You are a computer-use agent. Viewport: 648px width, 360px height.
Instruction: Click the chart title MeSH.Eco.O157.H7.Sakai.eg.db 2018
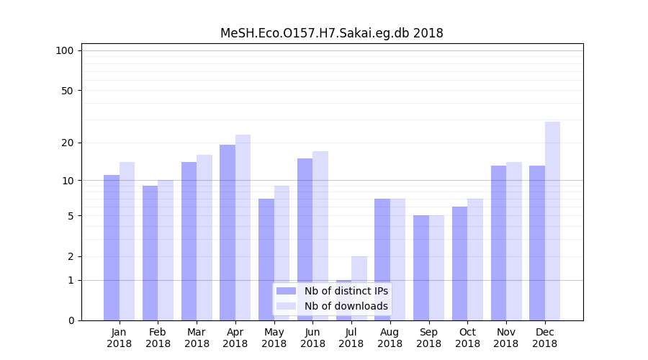[x=331, y=33]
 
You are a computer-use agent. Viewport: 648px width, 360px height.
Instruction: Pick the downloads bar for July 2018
[x=359, y=288]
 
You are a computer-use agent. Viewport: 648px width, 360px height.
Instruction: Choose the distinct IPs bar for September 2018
[x=421, y=267]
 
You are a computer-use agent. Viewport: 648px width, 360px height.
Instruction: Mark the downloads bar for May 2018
[x=282, y=253]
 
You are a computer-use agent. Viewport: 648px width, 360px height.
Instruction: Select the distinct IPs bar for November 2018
[x=498, y=243]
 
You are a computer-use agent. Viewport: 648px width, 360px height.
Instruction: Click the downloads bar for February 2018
[x=166, y=250]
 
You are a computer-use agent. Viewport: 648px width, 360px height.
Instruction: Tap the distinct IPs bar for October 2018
[x=459, y=263]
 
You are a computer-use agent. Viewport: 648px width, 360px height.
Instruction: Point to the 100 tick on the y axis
[x=65, y=50]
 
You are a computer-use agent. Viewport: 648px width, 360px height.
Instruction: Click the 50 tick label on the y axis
[x=68, y=91]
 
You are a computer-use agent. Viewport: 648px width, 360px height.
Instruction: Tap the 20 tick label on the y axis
[x=68, y=143]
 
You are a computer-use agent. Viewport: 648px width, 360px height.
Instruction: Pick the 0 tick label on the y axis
[x=71, y=320]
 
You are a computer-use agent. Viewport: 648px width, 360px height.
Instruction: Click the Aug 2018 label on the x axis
[x=390, y=338]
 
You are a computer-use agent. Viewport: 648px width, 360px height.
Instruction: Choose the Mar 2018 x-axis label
[x=197, y=338]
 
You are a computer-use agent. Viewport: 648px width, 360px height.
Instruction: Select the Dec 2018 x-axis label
[x=545, y=338]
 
